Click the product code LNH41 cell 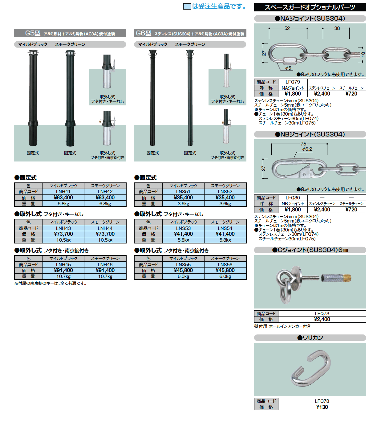63,192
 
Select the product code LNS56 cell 225,264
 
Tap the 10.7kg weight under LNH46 105,276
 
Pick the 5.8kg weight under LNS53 183,240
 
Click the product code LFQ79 293,82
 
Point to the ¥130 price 322,407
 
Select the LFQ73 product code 322,313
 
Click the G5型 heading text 33,33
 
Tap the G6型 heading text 144,33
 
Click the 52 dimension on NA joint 287,28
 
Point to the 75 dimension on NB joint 303,144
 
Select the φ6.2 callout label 307,149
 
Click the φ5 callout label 288,68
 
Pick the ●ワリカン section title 310,338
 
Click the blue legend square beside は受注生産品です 187,6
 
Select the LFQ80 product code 293,198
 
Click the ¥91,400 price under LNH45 63,270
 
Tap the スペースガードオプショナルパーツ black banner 310,7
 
